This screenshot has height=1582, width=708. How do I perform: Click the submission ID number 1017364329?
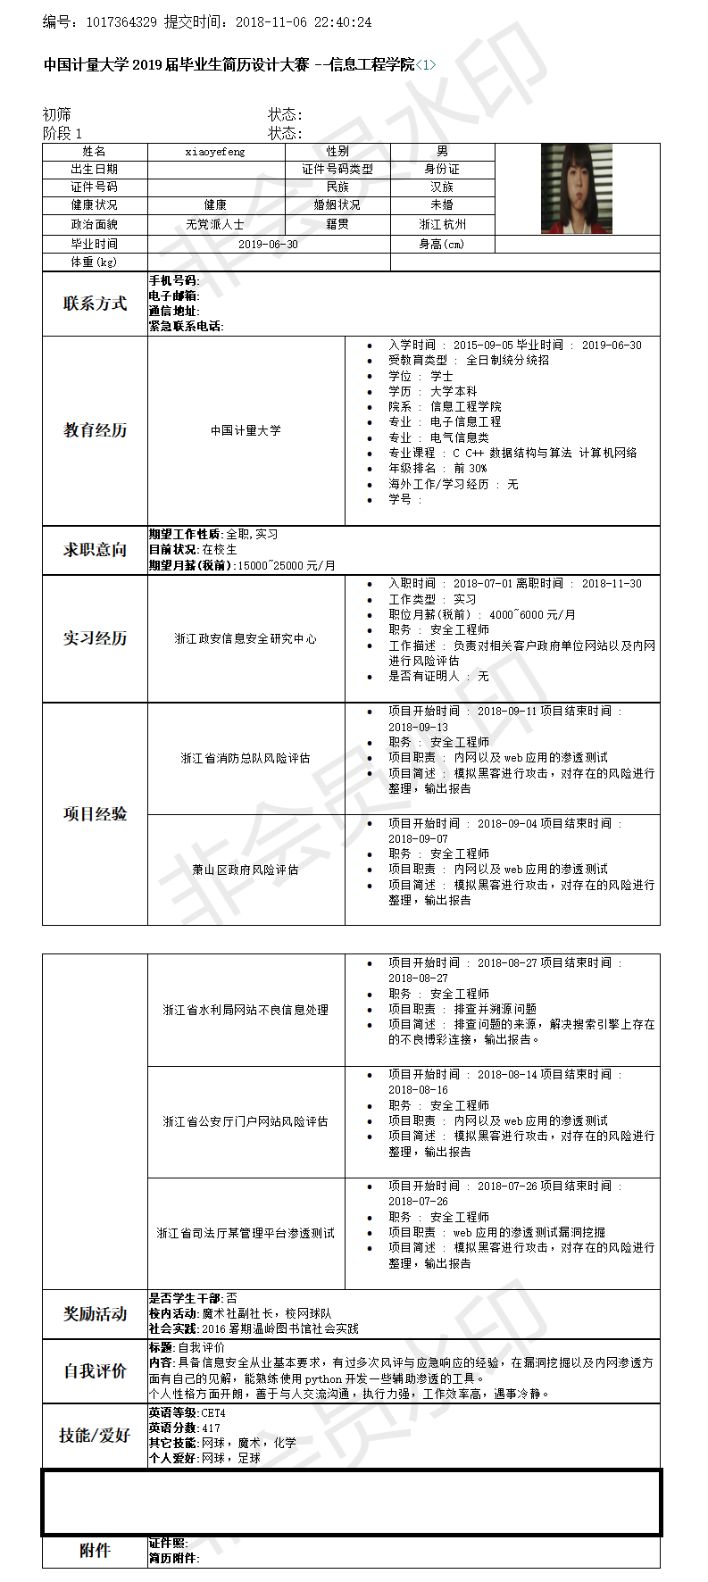click(121, 21)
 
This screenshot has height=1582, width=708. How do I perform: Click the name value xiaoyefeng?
click(215, 152)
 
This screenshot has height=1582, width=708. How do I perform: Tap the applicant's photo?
click(577, 188)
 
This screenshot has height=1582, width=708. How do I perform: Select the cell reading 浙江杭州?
click(443, 224)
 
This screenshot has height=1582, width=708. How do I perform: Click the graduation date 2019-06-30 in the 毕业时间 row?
click(268, 244)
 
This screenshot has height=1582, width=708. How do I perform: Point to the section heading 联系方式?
click(95, 304)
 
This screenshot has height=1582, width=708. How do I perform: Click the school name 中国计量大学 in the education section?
click(246, 430)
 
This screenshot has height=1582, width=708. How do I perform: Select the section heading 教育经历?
click(95, 430)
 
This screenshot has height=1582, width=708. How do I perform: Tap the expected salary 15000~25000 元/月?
click(286, 565)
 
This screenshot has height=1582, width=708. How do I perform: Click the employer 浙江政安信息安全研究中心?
click(246, 638)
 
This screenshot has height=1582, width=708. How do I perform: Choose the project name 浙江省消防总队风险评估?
click(246, 758)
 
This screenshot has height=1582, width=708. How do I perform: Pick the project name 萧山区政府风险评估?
click(246, 870)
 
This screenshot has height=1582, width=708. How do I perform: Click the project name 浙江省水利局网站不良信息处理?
click(246, 1010)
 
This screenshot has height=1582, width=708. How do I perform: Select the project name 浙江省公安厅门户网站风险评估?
click(246, 1121)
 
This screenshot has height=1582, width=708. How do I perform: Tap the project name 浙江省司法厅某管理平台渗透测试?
click(246, 1233)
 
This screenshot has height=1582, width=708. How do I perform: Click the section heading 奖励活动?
click(95, 1314)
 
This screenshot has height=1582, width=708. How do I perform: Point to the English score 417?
click(211, 1428)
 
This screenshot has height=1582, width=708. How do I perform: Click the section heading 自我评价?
click(95, 1370)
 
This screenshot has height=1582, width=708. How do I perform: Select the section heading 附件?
click(95, 1551)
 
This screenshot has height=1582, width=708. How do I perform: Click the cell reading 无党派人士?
click(215, 224)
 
